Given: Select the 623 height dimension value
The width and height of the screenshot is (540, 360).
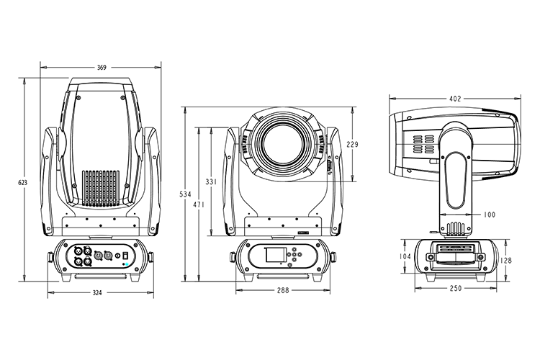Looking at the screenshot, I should pyautogui.click(x=22, y=183).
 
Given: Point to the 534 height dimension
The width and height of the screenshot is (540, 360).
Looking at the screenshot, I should pyautogui.click(x=184, y=194).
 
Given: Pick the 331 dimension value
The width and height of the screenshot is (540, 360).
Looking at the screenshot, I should pyautogui.click(x=210, y=182).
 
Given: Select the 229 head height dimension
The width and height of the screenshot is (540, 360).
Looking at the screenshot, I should pyautogui.click(x=352, y=145).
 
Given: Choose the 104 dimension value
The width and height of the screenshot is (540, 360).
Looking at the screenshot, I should pyautogui.click(x=405, y=256).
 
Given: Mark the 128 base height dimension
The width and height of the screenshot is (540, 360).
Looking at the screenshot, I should pyautogui.click(x=508, y=261).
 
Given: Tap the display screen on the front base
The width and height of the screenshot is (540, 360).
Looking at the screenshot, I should pyautogui.click(x=275, y=256).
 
